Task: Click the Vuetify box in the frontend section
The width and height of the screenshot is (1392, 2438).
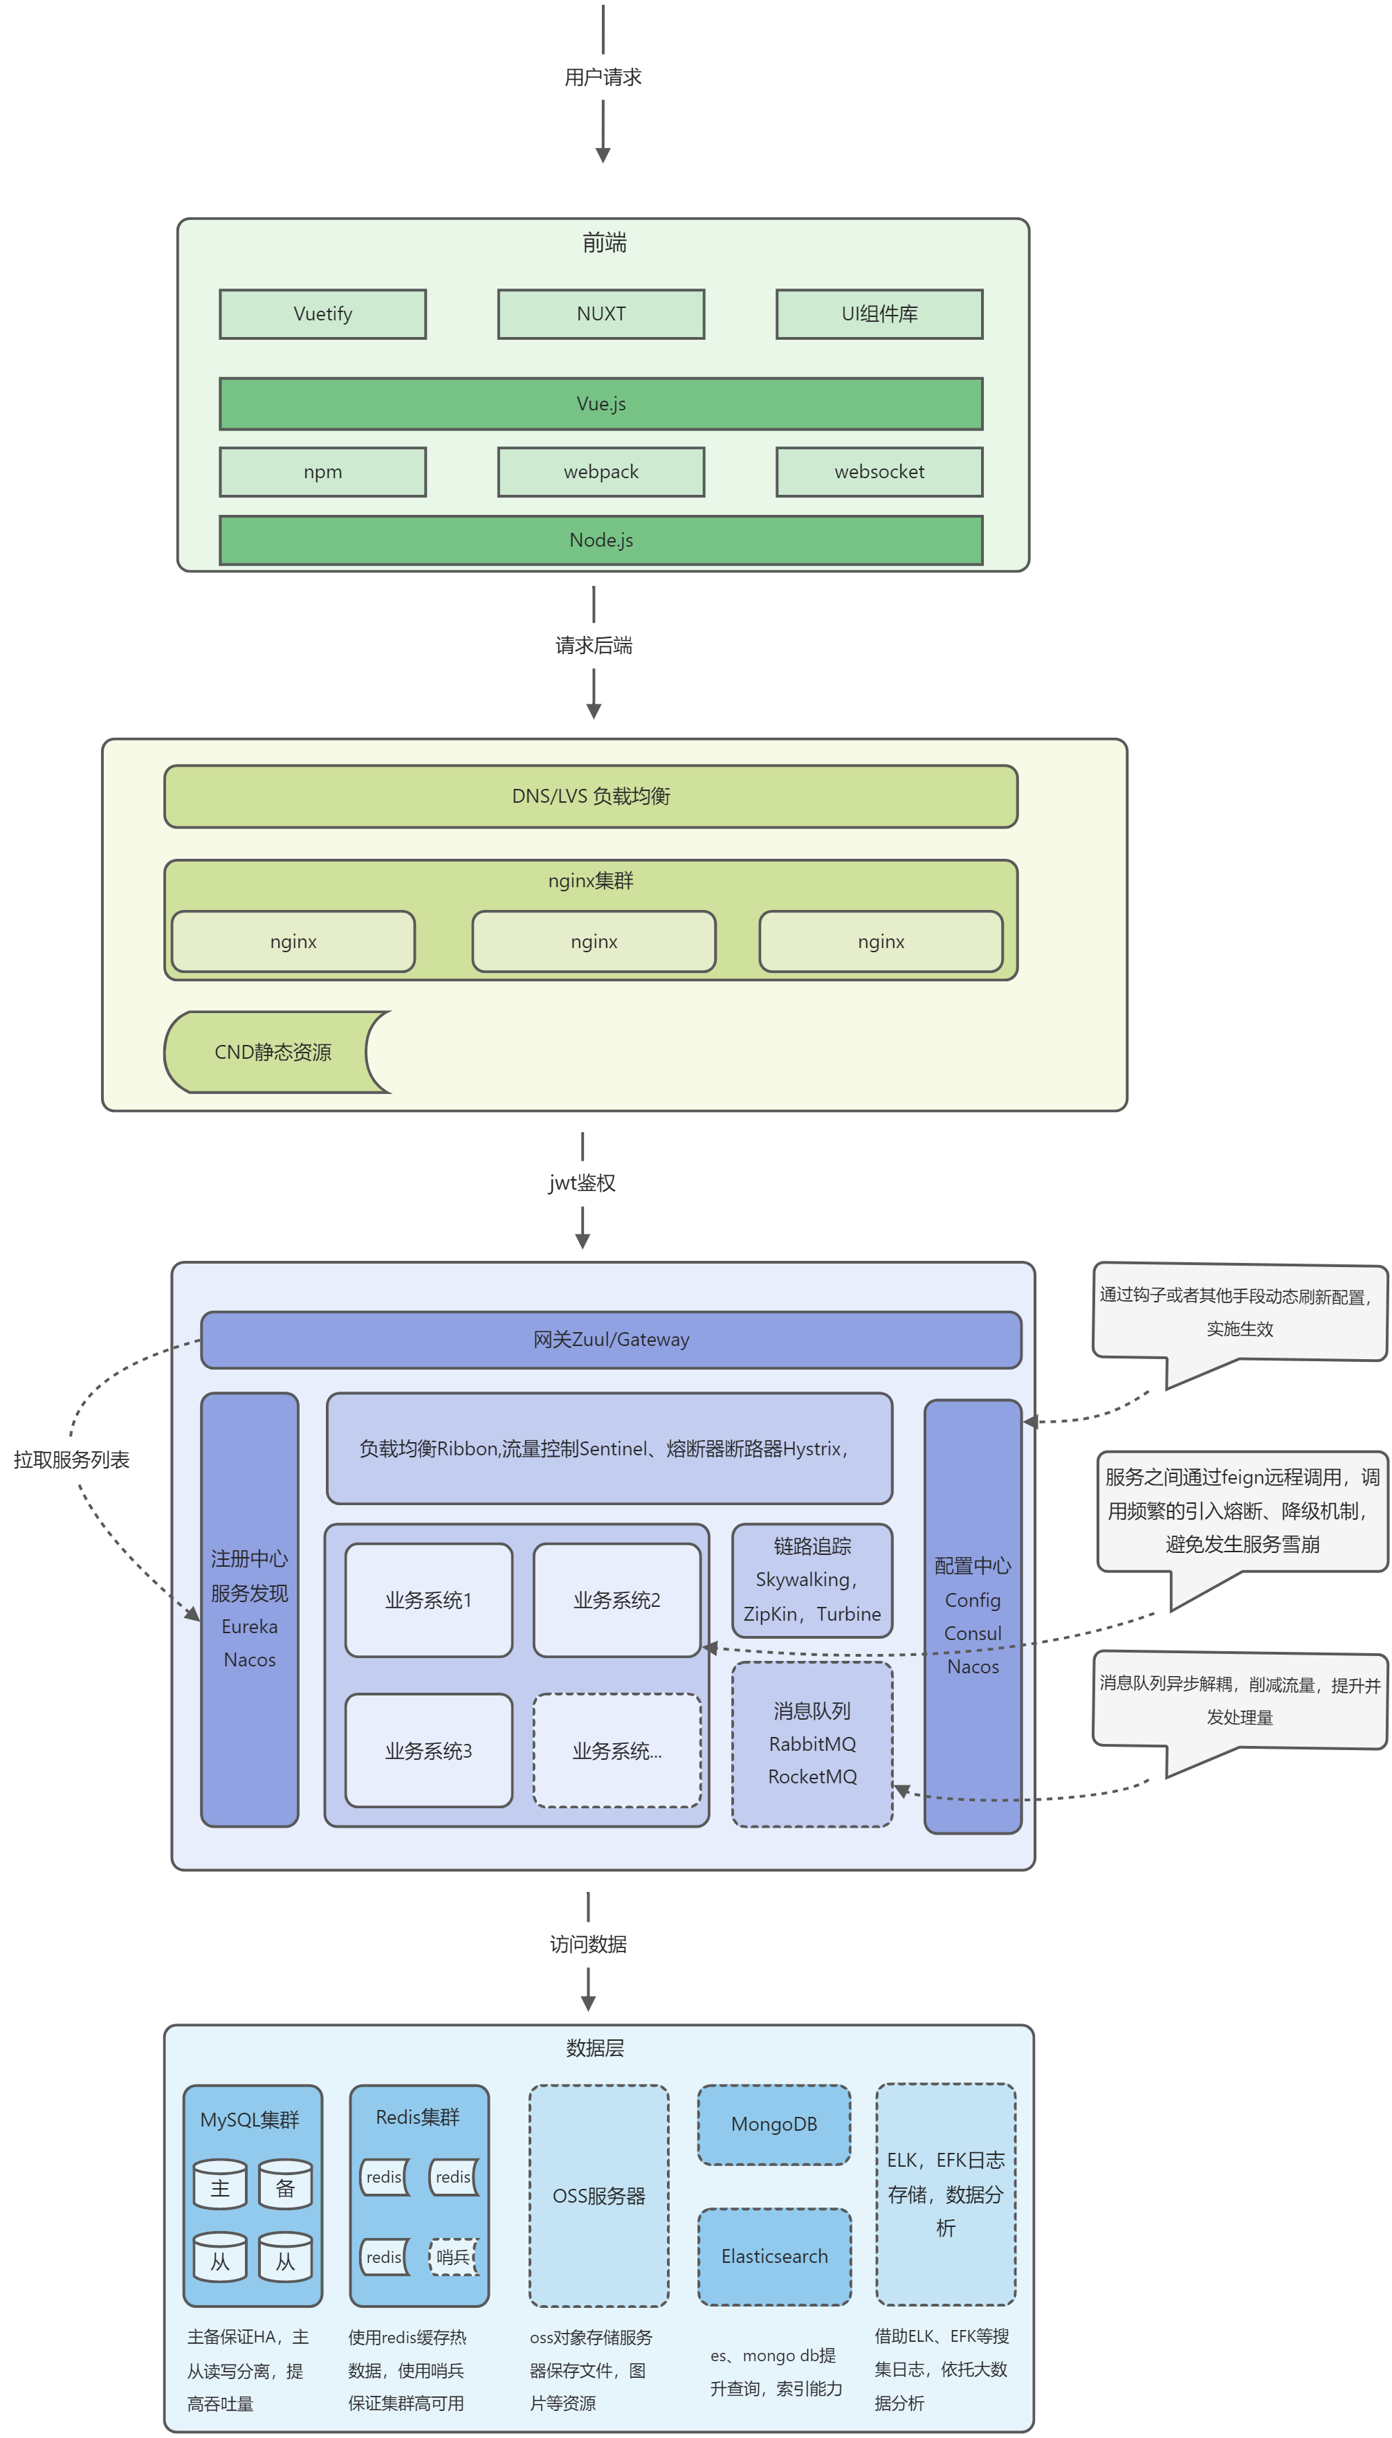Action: [322, 313]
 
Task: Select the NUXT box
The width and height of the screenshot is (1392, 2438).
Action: [601, 313]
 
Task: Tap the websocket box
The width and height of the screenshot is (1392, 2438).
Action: [879, 471]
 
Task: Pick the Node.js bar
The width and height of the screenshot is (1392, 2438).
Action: [601, 540]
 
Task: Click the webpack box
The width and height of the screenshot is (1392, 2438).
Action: [601, 471]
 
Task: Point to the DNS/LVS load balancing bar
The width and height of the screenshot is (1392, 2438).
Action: [590, 795]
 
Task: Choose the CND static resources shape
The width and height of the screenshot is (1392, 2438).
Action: [273, 1052]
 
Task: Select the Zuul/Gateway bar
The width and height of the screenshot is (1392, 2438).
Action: [610, 1338]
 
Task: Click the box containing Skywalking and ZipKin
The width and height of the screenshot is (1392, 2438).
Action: [812, 1579]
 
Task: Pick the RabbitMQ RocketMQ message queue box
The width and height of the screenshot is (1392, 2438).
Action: [812, 1743]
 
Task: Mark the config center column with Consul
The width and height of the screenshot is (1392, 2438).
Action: [972, 1616]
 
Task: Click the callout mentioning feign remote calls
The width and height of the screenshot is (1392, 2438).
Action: [1241, 1511]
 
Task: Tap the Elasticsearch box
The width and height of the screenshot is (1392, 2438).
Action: [773, 2255]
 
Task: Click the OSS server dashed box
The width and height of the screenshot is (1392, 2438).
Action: [598, 2195]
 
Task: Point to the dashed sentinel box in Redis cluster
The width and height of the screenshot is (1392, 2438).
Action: [453, 2257]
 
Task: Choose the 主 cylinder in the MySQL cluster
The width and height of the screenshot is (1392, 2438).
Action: [220, 2187]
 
